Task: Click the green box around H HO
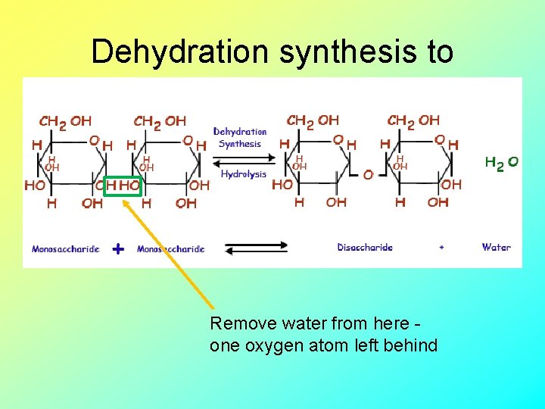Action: click(x=123, y=186)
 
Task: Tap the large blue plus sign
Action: click(x=118, y=248)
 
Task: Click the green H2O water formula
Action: click(x=501, y=162)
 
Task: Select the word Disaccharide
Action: click(x=365, y=247)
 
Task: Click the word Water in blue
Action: click(x=496, y=247)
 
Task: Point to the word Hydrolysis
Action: click(x=243, y=174)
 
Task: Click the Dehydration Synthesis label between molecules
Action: click(x=240, y=137)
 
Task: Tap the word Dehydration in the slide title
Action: click(x=179, y=52)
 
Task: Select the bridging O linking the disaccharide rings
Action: click(x=368, y=175)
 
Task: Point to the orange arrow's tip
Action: click(x=124, y=199)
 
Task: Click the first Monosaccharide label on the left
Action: click(x=66, y=248)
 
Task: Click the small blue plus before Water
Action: click(x=441, y=248)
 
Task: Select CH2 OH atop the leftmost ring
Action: click(x=65, y=121)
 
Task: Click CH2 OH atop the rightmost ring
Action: click(x=413, y=120)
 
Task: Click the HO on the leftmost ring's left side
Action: click(x=34, y=185)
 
